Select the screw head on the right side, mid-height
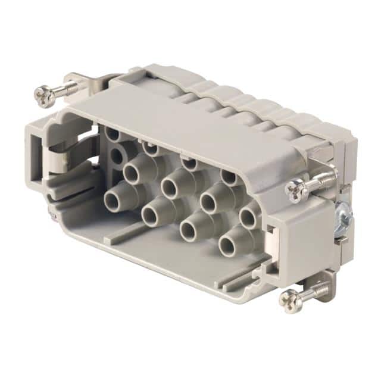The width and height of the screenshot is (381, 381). pyautogui.click(x=295, y=189)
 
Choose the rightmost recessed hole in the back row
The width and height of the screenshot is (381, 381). pyautogui.click(x=228, y=176)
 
